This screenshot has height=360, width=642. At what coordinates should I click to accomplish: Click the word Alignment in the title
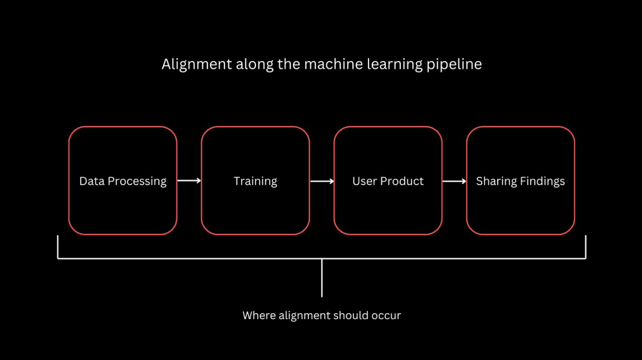pyautogui.click(x=197, y=65)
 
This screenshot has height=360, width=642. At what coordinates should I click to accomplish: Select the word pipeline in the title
pyautogui.click(x=454, y=65)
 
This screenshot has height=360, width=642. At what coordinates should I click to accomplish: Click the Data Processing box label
pyautogui.click(x=123, y=181)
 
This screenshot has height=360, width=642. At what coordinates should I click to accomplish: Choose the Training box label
pyautogui.click(x=255, y=181)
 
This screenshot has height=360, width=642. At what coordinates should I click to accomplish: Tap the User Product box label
pyautogui.click(x=388, y=181)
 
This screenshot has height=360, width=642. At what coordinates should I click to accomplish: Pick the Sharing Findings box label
pyautogui.click(x=520, y=181)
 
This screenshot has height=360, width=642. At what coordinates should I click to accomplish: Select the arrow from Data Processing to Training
pyautogui.click(x=189, y=181)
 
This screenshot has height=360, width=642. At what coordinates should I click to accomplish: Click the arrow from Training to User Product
pyautogui.click(x=322, y=181)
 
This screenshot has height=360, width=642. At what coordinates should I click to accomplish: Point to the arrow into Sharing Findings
pyautogui.click(x=454, y=181)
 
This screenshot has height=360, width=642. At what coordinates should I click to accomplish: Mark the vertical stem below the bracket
pyautogui.click(x=322, y=278)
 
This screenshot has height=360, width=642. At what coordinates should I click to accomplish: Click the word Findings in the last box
pyautogui.click(x=542, y=181)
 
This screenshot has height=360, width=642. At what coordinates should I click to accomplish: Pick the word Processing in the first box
pyautogui.click(x=137, y=181)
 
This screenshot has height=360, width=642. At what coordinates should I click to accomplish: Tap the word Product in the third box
pyautogui.click(x=402, y=181)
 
